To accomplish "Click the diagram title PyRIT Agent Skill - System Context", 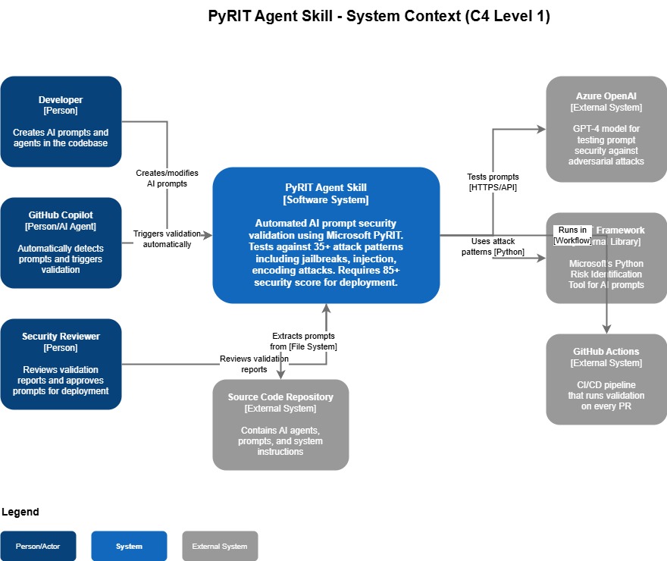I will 379,16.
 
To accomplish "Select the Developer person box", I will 61,121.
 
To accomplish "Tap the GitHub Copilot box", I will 61,243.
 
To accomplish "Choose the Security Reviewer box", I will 61,364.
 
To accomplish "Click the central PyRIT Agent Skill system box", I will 326,235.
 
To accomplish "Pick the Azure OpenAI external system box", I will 606,129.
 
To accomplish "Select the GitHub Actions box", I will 606,379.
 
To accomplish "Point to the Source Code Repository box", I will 280,425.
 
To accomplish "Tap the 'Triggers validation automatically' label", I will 167,239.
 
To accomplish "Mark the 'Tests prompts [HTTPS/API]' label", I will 493,182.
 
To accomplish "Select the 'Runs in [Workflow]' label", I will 572,235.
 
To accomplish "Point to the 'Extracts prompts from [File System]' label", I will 303,341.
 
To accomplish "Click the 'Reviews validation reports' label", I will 254,364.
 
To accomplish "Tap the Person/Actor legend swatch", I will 38,546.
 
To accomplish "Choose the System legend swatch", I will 129,546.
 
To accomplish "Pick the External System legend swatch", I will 220,546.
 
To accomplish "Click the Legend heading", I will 20,512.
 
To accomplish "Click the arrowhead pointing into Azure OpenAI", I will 542,129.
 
